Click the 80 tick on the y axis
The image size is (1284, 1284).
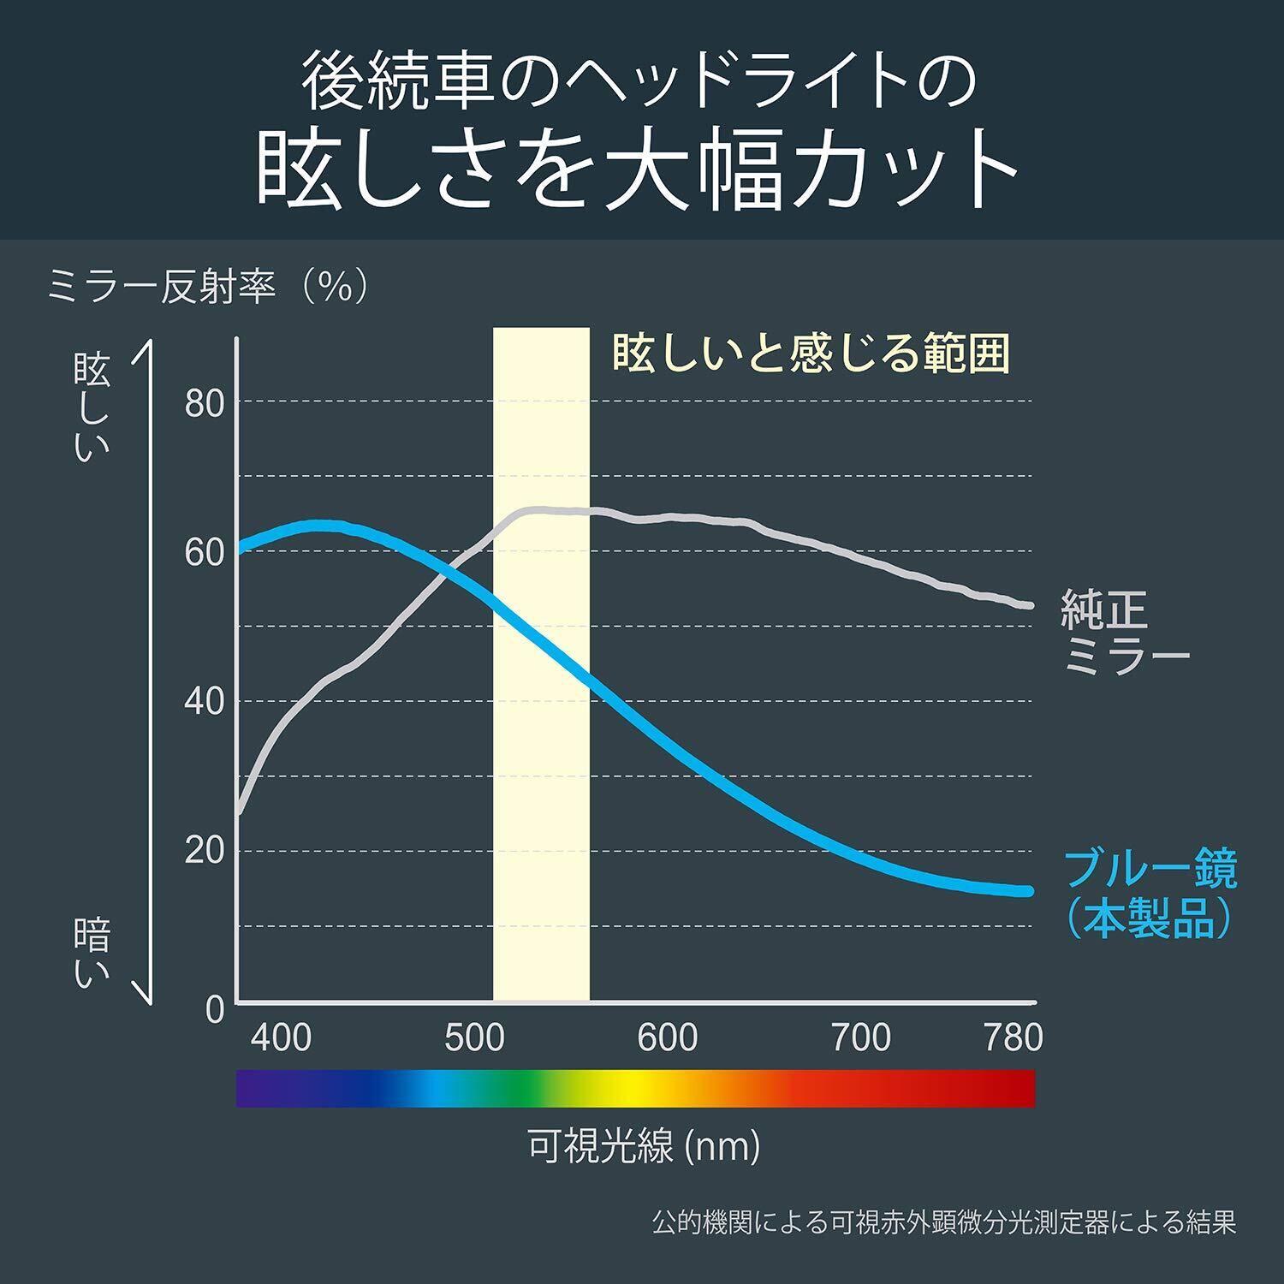point(204,403)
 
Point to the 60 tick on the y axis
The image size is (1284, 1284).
point(204,553)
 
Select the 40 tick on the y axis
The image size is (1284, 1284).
point(204,702)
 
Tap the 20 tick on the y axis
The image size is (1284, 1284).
point(204,851)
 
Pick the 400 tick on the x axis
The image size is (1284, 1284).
point(280,1037)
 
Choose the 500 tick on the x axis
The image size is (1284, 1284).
point(474,1037)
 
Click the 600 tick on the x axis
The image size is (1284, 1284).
point(668,1037)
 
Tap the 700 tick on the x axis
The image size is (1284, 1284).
point(861,1037)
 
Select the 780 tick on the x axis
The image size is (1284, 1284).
point(1014,1037)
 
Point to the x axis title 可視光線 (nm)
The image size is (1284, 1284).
point(644,1147)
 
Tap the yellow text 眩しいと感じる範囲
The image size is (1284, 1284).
point(811,354)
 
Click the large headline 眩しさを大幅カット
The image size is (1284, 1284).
point(638,168)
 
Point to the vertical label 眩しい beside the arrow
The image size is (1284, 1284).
point(92,409)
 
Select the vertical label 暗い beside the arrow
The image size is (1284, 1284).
point(92,952)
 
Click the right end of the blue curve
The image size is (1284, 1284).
point(1029,891)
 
